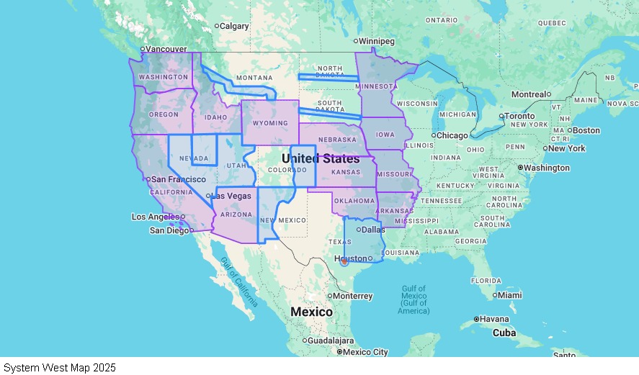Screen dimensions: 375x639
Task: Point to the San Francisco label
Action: click(x=178, y=179)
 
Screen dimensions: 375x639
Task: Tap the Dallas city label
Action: click(x=373, y=230)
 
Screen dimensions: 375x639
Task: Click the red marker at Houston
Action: click(x=344, y=261)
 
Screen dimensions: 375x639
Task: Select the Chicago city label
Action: click(x=452, y=135)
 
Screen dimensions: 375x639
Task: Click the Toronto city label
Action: click(x=519, y=116)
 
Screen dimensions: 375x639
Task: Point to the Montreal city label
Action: click(x=529, y=94)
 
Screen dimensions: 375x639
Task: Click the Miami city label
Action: click(x=509, y=295)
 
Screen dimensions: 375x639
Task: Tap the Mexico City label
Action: click(x=365, y=352)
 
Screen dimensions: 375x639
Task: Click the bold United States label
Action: click(x=320, y=158)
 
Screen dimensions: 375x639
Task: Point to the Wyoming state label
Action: click(x=270, y=123)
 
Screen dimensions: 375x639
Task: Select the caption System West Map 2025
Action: click(x=59, y=368)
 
